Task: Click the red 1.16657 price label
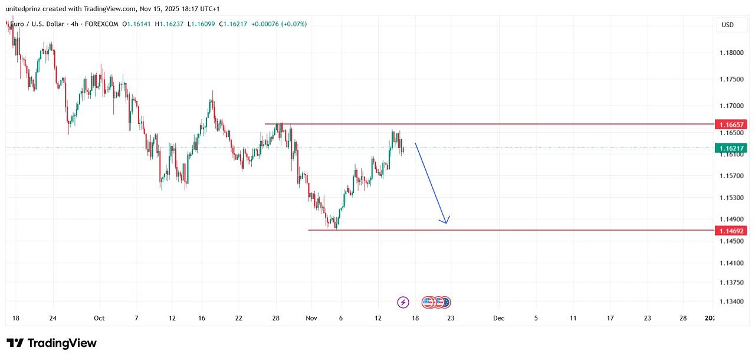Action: click(x=731, y=125)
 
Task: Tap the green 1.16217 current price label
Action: click(x=731, y=148)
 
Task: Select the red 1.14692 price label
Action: click(x=731, y=230)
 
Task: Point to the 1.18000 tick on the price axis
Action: click(x=731, y=53)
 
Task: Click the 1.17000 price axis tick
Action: click(x=731, y=106)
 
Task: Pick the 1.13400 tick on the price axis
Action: click(x=731, y=302)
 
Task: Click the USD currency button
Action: click(x=728, y=25)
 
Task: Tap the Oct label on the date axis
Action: click(x=99, y=318)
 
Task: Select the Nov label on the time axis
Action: click(x=311, y=318)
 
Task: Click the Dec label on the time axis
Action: click(x=499, y=318)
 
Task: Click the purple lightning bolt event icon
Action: click(x=403, y=302)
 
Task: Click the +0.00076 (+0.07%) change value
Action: click(x=279, y=24)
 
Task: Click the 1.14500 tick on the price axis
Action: click(x=731, y=241)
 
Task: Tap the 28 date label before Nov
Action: click(x=275, y=318)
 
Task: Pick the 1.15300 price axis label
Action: click(x=731, y=198)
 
